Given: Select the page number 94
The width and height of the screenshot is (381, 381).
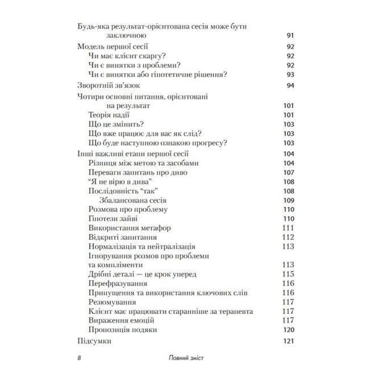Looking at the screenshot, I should coord(290,86).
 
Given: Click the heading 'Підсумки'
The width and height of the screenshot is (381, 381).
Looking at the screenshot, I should coord(94,341).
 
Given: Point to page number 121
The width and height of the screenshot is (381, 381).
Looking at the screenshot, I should coord(289,341).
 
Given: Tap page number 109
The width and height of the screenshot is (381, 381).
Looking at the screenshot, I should coord(289,200).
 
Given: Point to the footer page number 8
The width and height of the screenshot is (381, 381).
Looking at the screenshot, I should coord(78,359).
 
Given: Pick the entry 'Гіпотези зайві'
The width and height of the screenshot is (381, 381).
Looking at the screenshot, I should coord(112,219).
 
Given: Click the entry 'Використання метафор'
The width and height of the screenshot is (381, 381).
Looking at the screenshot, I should coord(129,228).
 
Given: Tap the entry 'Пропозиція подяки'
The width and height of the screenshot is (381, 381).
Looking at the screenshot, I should coord(122,330).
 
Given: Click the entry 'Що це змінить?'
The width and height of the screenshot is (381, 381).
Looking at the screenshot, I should coord(113,125).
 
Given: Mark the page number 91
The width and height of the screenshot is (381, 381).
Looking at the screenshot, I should coord(290,36).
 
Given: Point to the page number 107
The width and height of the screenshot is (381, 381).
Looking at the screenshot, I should coord(289,173).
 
